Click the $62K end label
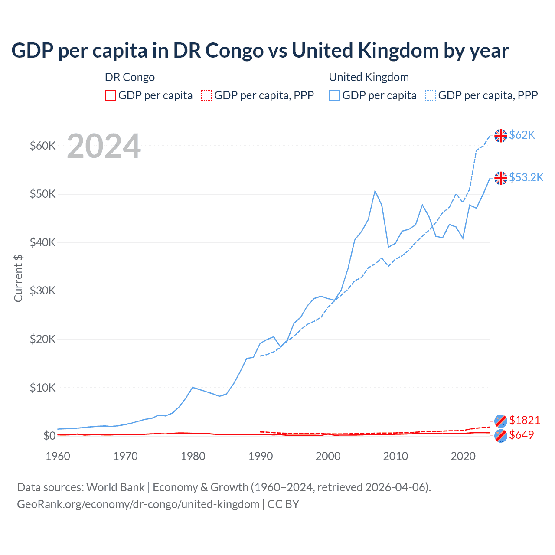tap(522, 135)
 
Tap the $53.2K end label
tap(526, 177)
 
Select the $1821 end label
tap(524, 420)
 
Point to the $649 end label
tap(521, 435)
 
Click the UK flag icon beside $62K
tap(501, 136)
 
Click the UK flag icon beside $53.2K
tap(501, 178)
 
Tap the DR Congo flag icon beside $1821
tap(501, 421)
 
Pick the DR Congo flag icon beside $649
tap(501, 436)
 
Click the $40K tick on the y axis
tap(42, 242)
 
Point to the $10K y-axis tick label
tap(42, 388)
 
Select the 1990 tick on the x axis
tap(261, 456)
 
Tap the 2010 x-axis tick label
tap(395, 456)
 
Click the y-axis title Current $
tap(18, 278)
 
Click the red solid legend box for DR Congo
tap(111, 95)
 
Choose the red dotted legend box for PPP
tap(206, 95)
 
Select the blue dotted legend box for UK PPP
tap(431, 95)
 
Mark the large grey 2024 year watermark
tap(104, 147)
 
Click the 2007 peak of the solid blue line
tap(375, 191)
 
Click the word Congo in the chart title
tap(234, 51)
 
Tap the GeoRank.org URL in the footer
tap(138, 504)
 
